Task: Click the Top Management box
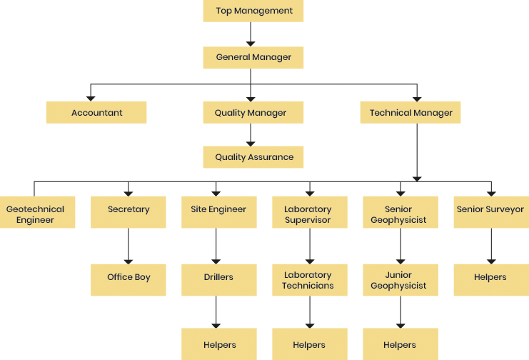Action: tap(253, 11)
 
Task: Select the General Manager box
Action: tap(253, 57)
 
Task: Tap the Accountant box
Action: tap(96, 113)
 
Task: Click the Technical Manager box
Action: tap(411, 113)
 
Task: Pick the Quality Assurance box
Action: tap(253, 157)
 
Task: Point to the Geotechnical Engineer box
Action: tap(35, 214)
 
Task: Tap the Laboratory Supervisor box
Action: tap(308, 214)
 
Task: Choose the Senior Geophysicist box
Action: tap(399, 214)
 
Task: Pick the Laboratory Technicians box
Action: tap(308, 279)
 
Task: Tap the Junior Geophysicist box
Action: tap(399, 279)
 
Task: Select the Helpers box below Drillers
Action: tap(218, 344)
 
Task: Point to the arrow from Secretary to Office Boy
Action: tap(129, 246)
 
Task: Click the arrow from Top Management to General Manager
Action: tap(250, 34)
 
